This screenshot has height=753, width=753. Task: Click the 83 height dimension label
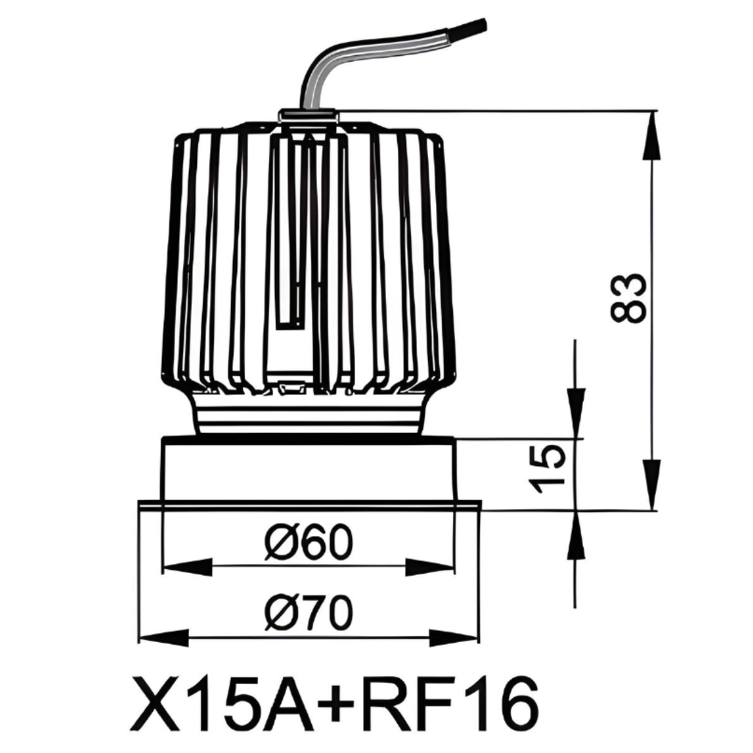[x=629, y=298]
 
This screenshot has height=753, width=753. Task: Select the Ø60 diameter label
[x=309, y=543]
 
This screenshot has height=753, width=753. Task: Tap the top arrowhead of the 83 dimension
[x=652, y=136]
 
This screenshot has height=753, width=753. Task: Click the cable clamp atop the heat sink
[x=308, y=115]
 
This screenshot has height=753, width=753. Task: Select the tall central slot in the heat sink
[x=294, y=235]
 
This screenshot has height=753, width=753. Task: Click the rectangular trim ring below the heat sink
[x=309, y=471]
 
